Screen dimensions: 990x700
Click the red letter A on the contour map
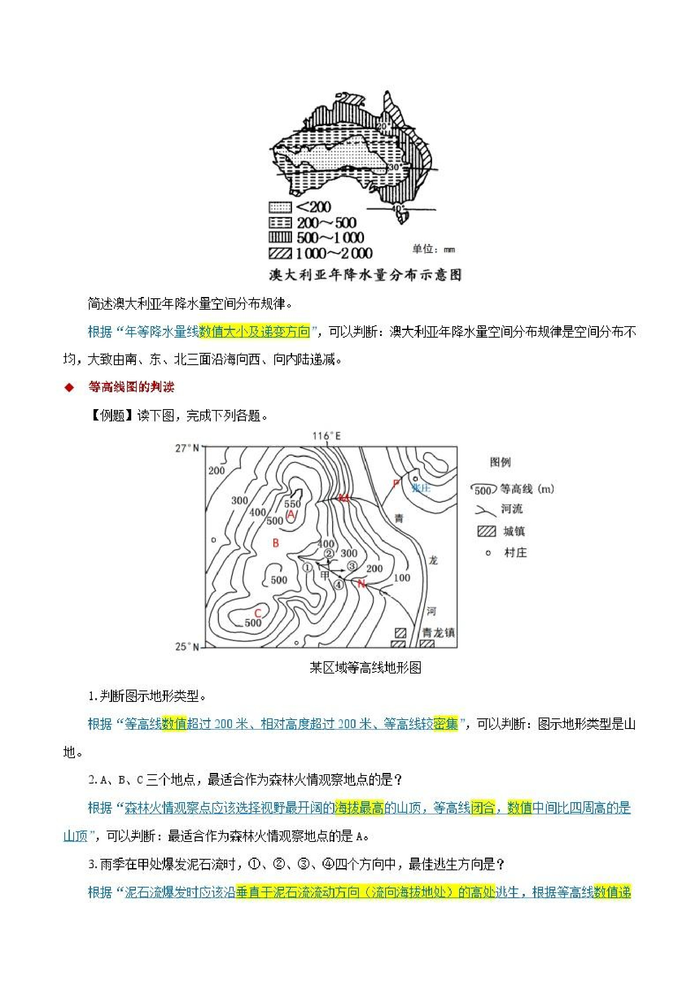click(x=291, y=514)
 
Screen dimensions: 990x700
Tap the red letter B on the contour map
click(x=276, y=543)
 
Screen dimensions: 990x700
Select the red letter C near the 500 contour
click(x=258, y=613)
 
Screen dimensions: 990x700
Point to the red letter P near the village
click(x=396, y=483)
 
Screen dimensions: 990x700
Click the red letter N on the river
click(x=361, y=584)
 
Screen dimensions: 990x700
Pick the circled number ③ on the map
click(x=352, y=566)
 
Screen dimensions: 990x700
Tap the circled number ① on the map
click(x=307, y=567)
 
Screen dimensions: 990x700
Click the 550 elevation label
click(x=292, y=503)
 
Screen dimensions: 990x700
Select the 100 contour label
click(x=402, y=578)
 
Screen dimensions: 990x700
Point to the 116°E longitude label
click(x=326, y=436)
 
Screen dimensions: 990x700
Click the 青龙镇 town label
click(x=438, y=632)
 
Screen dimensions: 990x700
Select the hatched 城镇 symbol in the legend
click(x=487, y=531)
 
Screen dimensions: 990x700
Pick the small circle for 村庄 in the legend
click(x=488, y=553)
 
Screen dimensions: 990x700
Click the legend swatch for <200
click(x=280, y=207)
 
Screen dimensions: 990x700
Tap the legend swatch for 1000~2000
click(x=280, y=253)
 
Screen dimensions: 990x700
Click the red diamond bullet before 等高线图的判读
click(x=69, y=388)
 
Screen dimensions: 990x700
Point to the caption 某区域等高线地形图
click(x=365, y=668)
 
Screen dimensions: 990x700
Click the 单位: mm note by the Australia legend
click(x=433, y=249)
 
